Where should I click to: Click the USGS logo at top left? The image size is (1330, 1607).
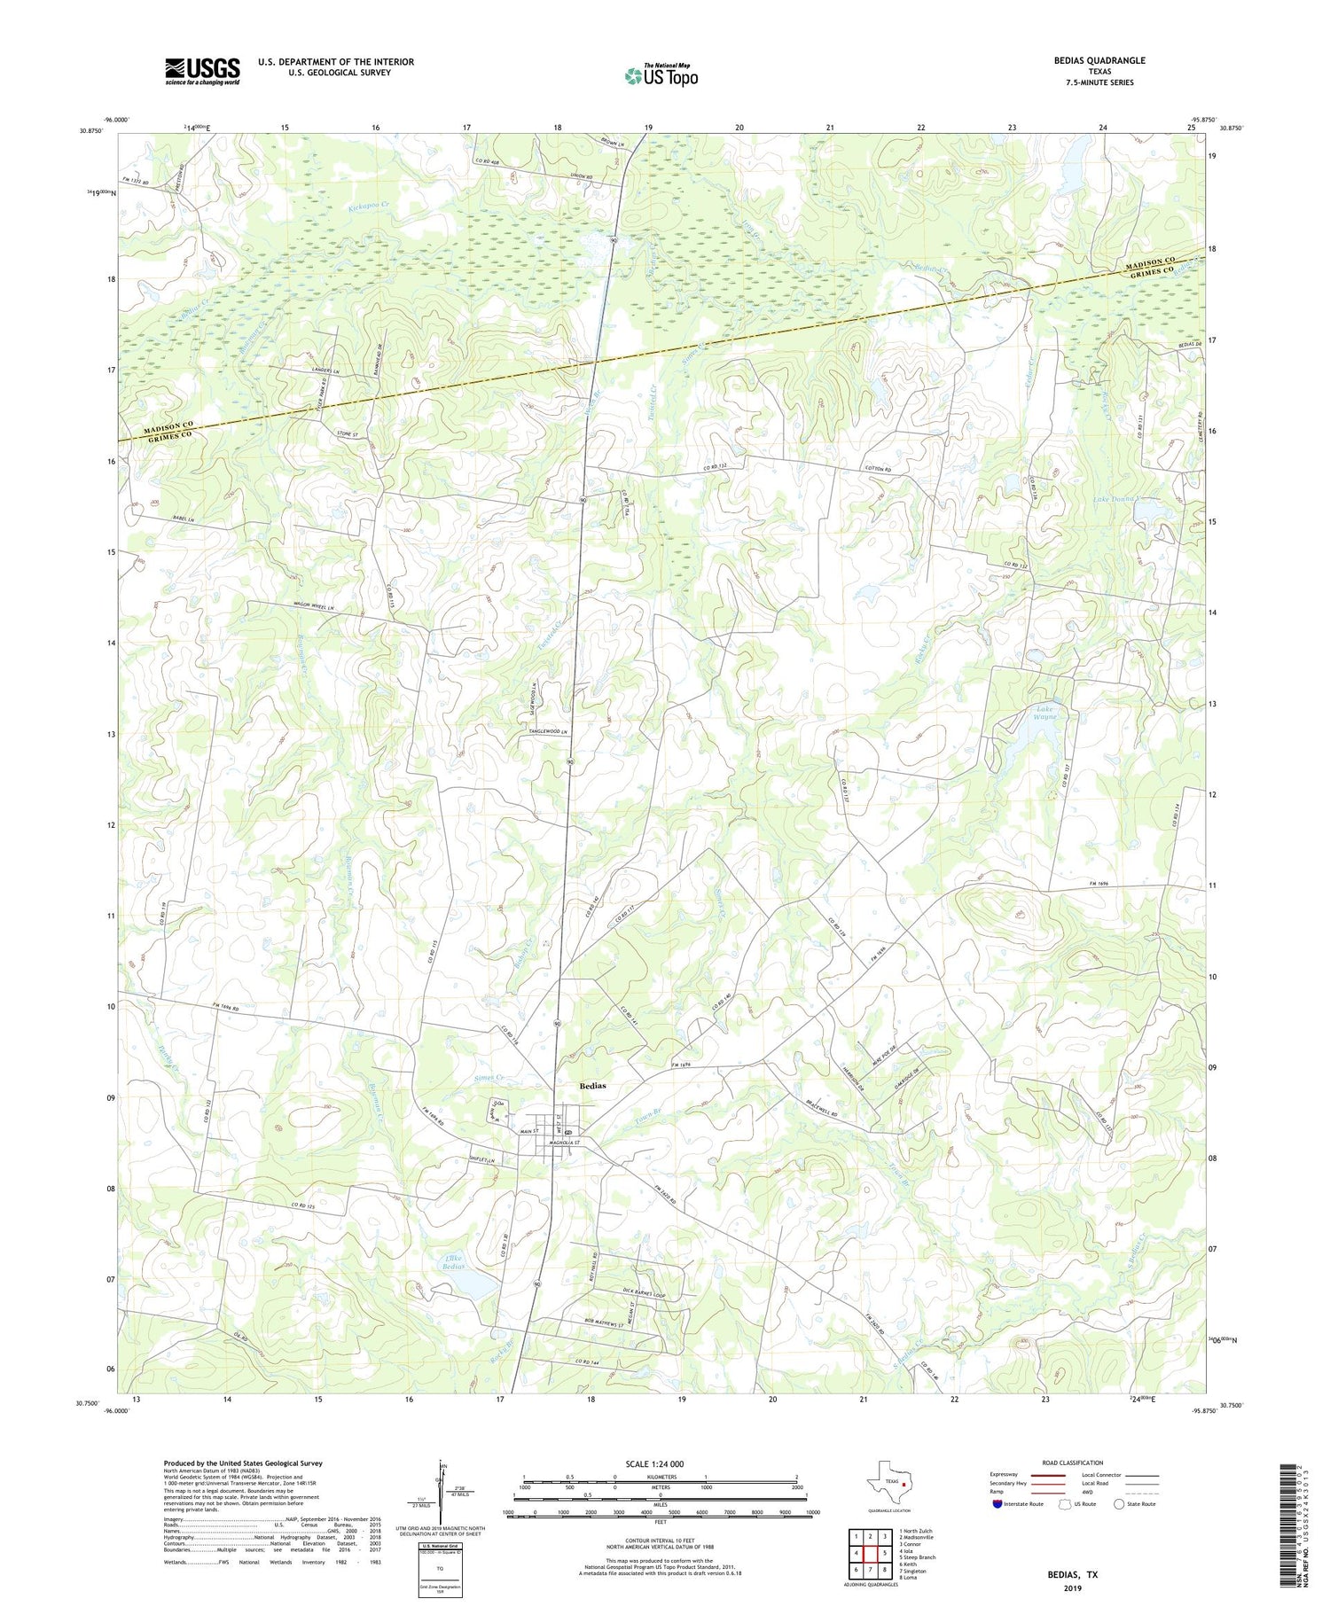tap(202, 71)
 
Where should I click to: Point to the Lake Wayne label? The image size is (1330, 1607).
tap(1044, 713)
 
